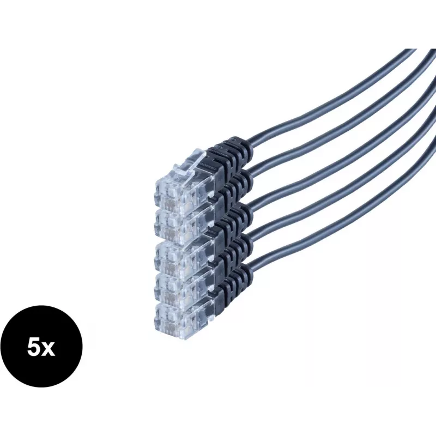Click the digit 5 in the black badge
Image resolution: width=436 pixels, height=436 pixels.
coord(33,348)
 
